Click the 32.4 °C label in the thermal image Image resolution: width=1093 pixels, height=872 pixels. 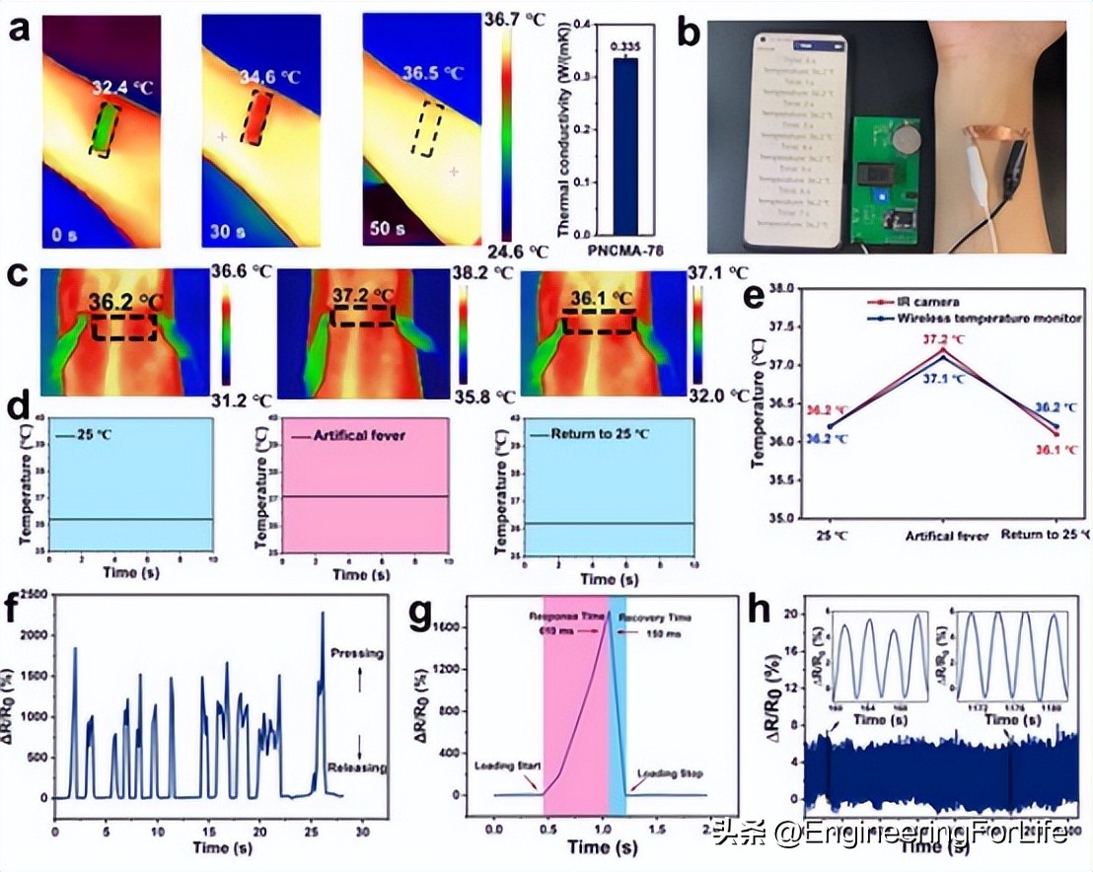click(124, 88)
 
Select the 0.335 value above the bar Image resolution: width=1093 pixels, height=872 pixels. click(625, 46)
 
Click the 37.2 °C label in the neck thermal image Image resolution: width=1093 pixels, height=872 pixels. click(363, 297)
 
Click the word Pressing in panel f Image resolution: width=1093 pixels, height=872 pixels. click(357, 654)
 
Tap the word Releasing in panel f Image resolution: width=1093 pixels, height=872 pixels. click(357, 767)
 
